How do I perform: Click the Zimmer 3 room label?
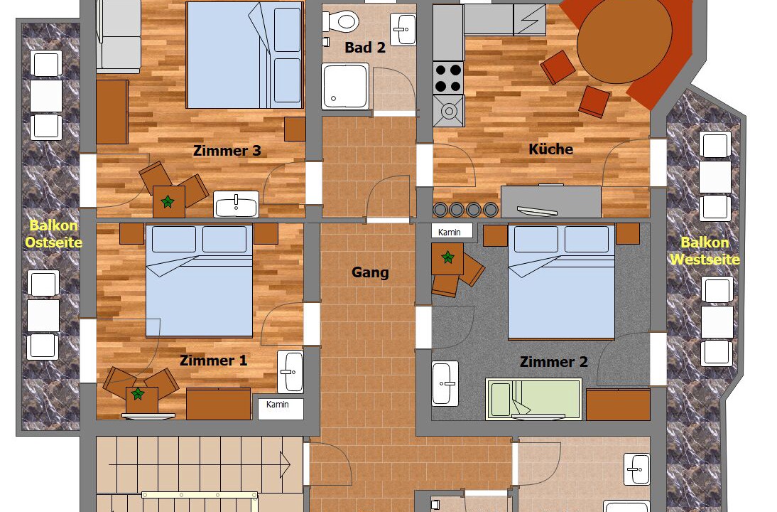227,150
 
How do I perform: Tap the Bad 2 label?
365,48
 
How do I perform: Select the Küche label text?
550,149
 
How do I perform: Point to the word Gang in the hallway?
370,272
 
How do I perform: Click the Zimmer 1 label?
213,361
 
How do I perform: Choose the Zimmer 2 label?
553,362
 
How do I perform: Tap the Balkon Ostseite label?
53,234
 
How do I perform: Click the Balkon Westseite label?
705,250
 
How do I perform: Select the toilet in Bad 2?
340,21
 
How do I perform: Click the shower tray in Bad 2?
345,86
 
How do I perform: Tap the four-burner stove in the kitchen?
448,78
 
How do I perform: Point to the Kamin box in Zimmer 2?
452,232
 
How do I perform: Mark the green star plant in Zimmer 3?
168,201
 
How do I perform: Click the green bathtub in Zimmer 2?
533,399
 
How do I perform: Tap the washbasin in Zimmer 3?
237,204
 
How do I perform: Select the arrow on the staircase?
199,465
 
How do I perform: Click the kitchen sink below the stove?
448,111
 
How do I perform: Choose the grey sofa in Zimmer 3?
119,35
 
